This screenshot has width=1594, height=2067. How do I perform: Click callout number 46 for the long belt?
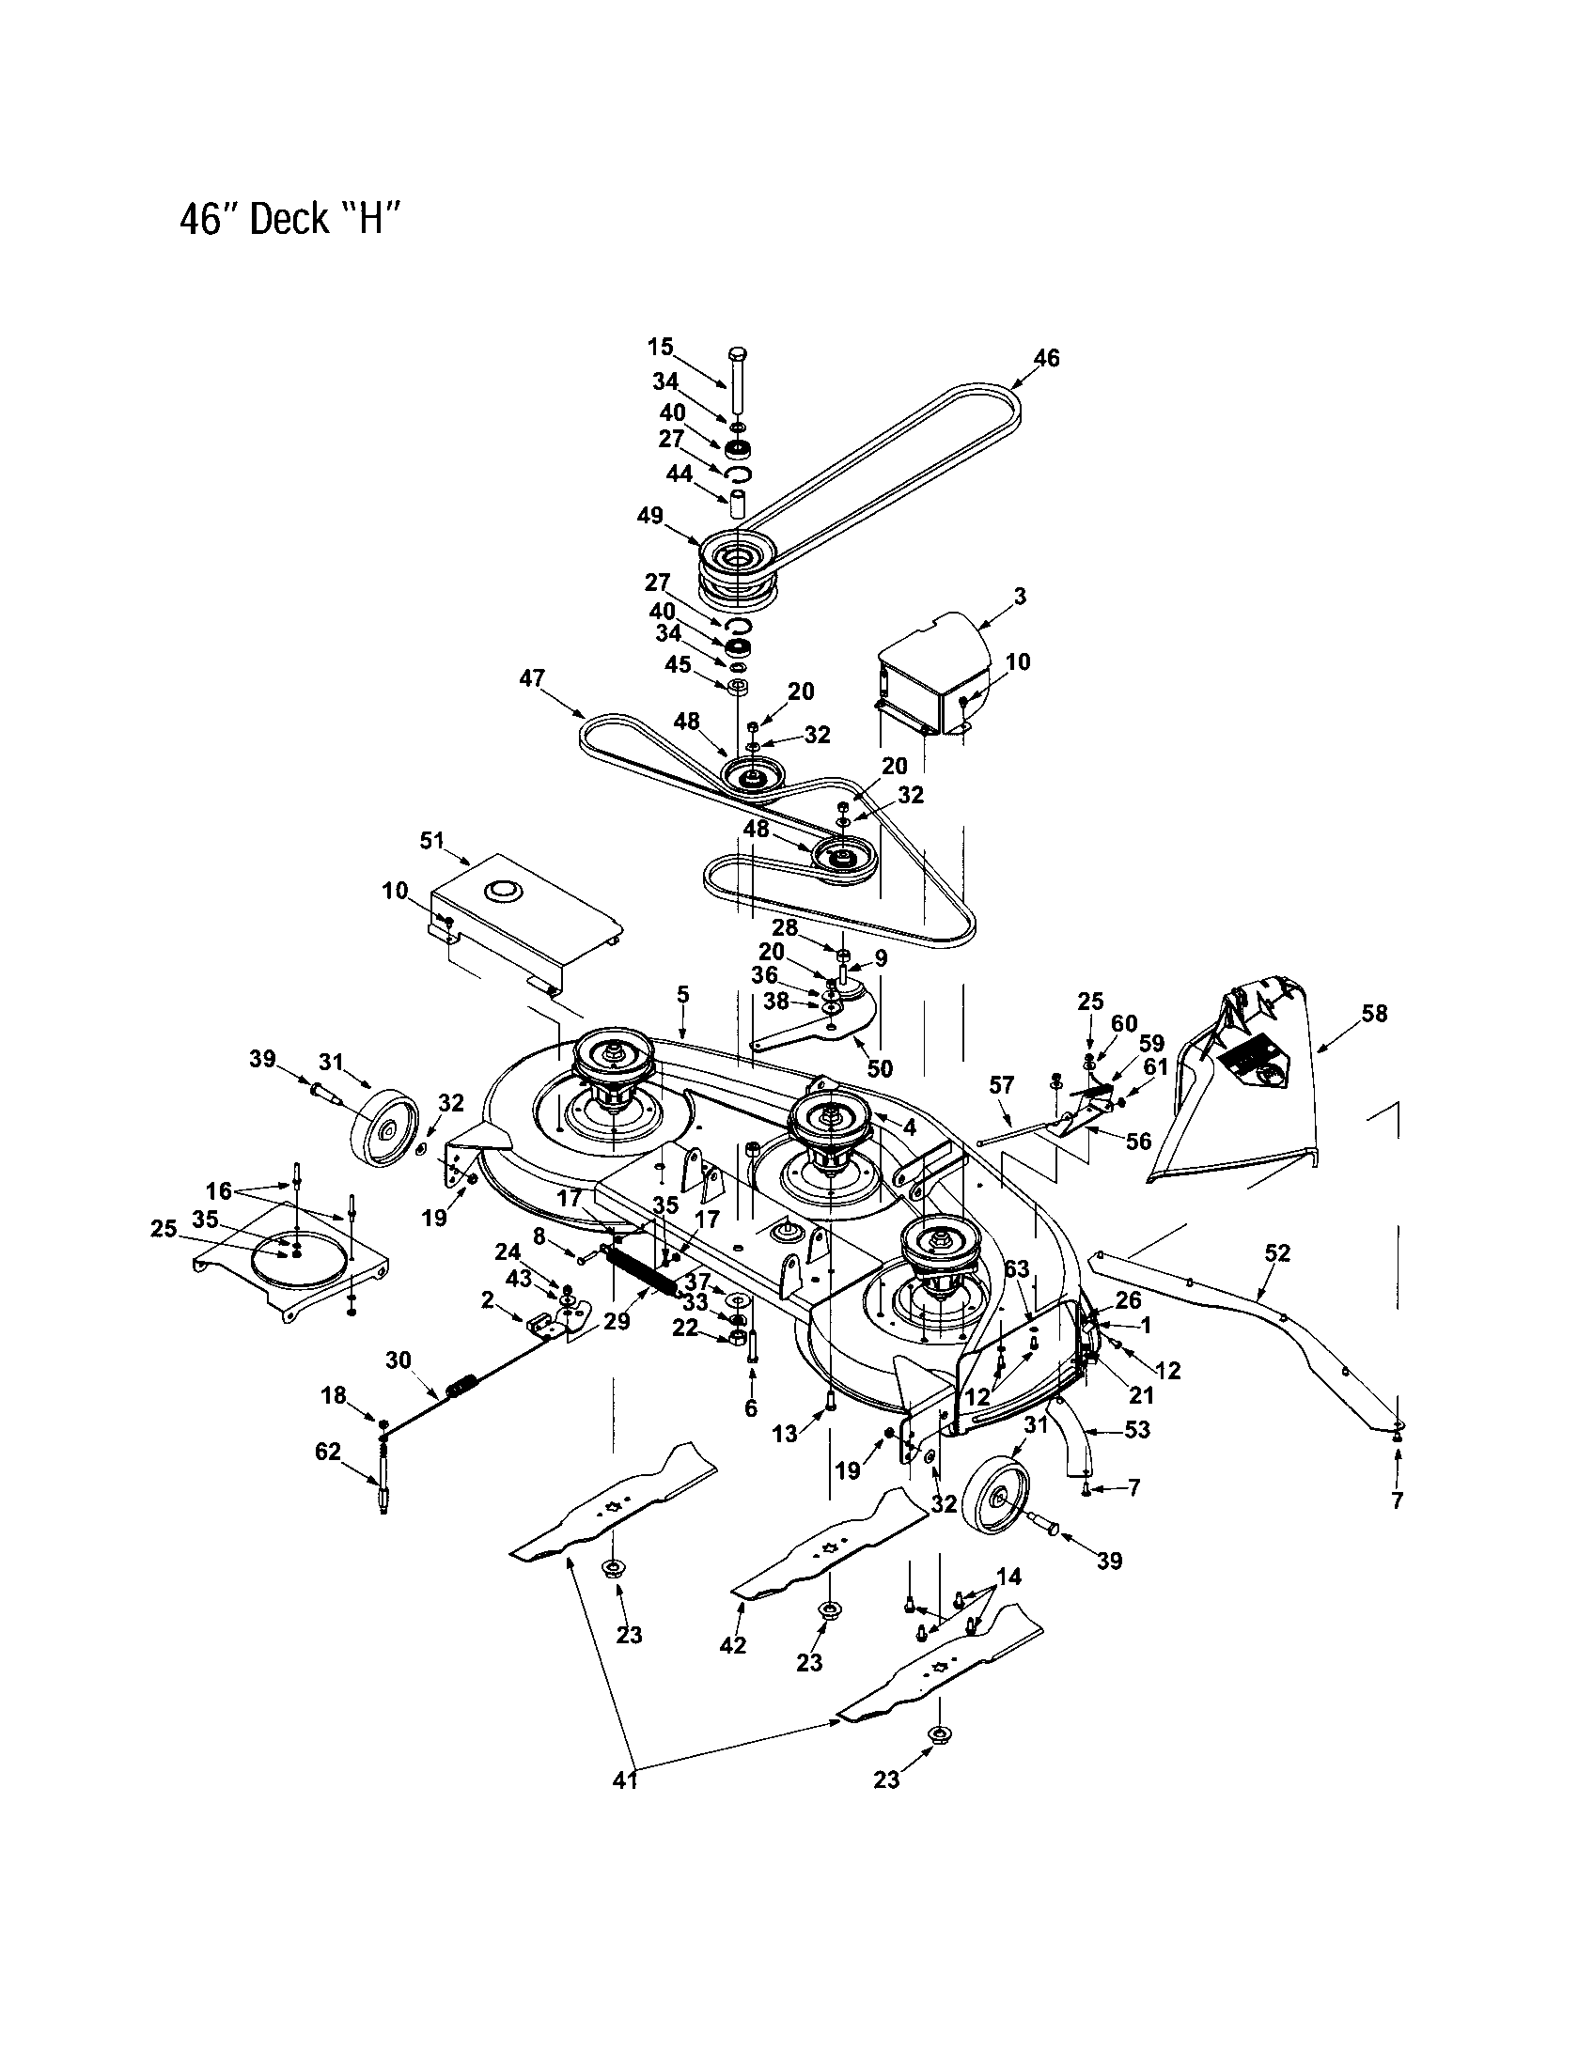[x=1046, y=358]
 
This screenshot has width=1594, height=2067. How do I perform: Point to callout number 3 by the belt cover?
[x=1019, y=597]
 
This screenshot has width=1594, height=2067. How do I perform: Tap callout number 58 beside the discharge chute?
[x=1373, y=1014]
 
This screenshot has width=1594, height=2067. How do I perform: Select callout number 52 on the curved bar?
[x=1277, y=1252]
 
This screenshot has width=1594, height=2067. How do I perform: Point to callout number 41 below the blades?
[x=624, y=1780]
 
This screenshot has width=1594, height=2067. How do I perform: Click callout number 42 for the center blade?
[x=733, y=1645]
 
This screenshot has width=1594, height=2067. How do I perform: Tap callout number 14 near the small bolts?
[x=1009, y=1577]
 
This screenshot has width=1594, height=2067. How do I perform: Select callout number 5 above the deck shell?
[x=682, y=994]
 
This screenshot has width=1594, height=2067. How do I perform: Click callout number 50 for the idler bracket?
[x=880, y=1068]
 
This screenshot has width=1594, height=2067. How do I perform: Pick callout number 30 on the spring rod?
[x=398, y=1360]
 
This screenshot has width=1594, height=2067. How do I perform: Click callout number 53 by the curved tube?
[x=1136, y=1429]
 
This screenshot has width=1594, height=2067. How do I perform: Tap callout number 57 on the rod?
[x=1002, y=1084]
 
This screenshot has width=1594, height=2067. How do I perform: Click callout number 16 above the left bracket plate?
[x=219, y=1190]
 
